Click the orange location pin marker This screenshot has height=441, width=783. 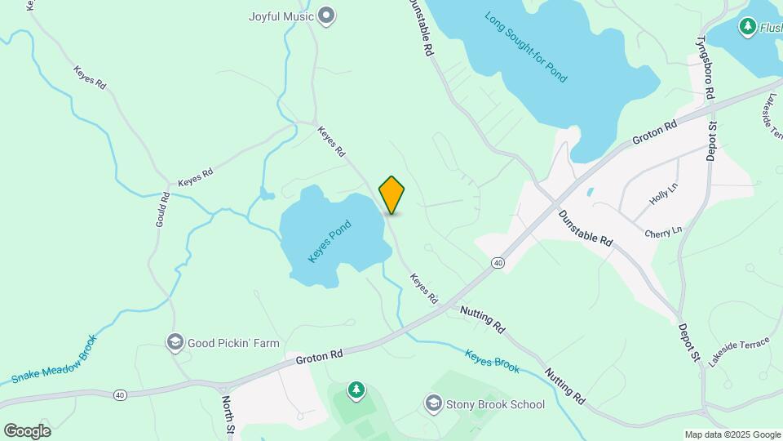(391, 194)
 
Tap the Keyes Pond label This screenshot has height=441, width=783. (330, 241)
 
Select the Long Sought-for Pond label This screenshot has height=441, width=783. (525, 47)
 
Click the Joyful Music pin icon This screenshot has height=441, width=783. (327, 16)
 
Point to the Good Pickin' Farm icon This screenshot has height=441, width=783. (175, 343)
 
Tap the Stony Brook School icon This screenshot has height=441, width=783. (433, 403)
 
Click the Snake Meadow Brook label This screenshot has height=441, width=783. (55, 359)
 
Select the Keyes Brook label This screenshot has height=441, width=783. (492, 362)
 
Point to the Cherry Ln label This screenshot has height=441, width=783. (662, 232)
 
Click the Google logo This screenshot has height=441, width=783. (26, 430)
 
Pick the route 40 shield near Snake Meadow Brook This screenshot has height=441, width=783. (121, 395)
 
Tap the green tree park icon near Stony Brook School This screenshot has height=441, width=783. (356, 391)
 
